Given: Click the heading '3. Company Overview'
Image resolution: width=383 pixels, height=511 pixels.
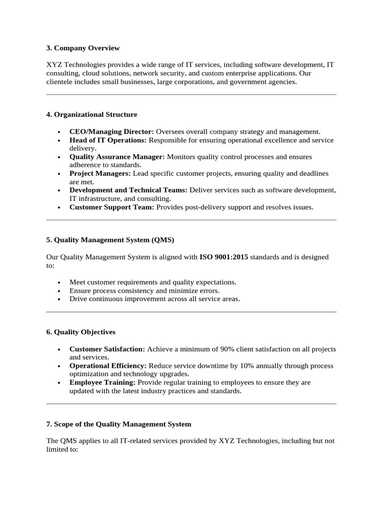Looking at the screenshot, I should pos(83,48).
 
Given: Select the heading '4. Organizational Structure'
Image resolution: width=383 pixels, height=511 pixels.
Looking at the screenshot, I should pos(91,114).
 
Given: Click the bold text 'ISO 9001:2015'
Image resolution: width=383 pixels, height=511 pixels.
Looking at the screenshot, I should pos(223,257).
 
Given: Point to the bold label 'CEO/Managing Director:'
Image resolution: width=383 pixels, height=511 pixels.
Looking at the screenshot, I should pos(112,131).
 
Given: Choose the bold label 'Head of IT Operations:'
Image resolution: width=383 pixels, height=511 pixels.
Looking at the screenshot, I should pos(108,140).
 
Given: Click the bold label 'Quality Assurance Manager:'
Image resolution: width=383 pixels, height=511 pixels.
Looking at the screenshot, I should pos(117,157).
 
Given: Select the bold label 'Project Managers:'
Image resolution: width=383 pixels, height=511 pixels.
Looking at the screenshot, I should pos(100,174).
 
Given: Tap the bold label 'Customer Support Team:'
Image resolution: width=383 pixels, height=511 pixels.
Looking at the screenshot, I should pos(112,207).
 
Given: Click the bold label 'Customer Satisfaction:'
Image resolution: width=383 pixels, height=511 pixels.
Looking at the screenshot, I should pos(107,349).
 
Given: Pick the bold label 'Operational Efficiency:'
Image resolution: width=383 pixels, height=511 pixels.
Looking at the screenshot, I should pos(108,366).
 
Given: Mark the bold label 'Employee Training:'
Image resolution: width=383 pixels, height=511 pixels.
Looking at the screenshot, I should pos(103,382).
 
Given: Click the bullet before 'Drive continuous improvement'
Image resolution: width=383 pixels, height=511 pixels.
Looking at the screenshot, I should pos(59,299).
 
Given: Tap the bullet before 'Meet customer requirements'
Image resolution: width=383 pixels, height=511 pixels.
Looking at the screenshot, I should pos(59,282).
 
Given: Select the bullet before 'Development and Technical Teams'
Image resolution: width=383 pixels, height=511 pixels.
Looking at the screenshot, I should pos(59,191).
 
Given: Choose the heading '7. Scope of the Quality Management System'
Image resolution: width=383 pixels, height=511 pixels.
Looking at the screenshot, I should pos(119,424).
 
